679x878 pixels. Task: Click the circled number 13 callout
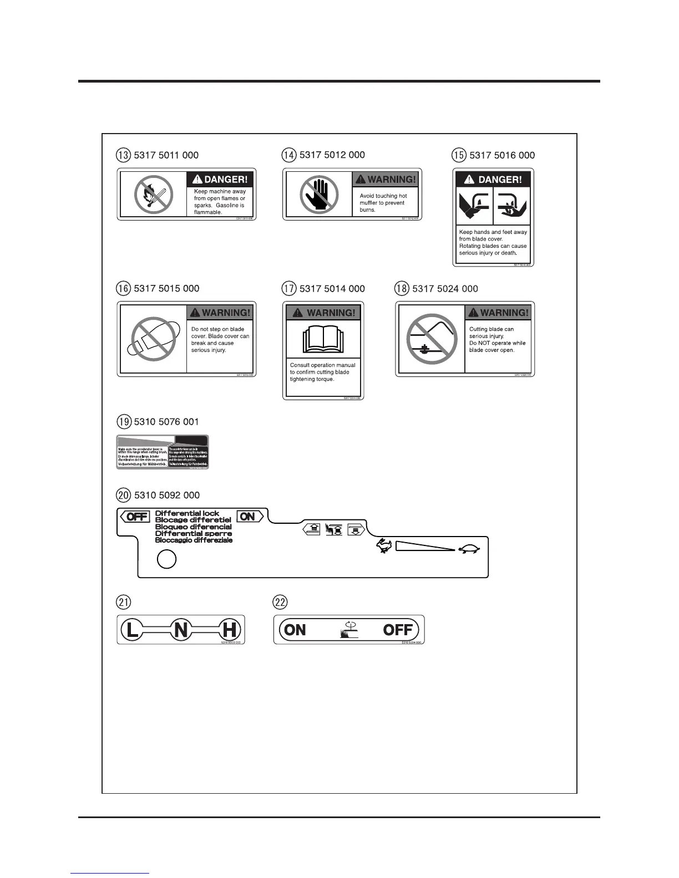[124, 155]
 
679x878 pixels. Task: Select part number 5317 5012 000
[332, 155]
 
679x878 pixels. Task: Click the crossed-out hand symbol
[319, 195]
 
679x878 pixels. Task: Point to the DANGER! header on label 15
[493, 179]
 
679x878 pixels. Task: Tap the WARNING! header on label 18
[498, 313]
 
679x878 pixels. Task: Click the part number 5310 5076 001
[166, 422]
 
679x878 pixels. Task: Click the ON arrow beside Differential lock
[249, 517]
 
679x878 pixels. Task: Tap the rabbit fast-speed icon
[384, 547]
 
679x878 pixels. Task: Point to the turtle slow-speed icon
[469, 550]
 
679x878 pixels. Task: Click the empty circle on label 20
[166, 559]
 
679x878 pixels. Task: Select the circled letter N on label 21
[181, 630]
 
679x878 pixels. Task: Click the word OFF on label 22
[398, 630]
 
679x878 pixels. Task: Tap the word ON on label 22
[295, 630]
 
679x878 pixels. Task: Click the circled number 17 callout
[289, 289]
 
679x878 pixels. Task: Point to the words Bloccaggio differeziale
[194, 540]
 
